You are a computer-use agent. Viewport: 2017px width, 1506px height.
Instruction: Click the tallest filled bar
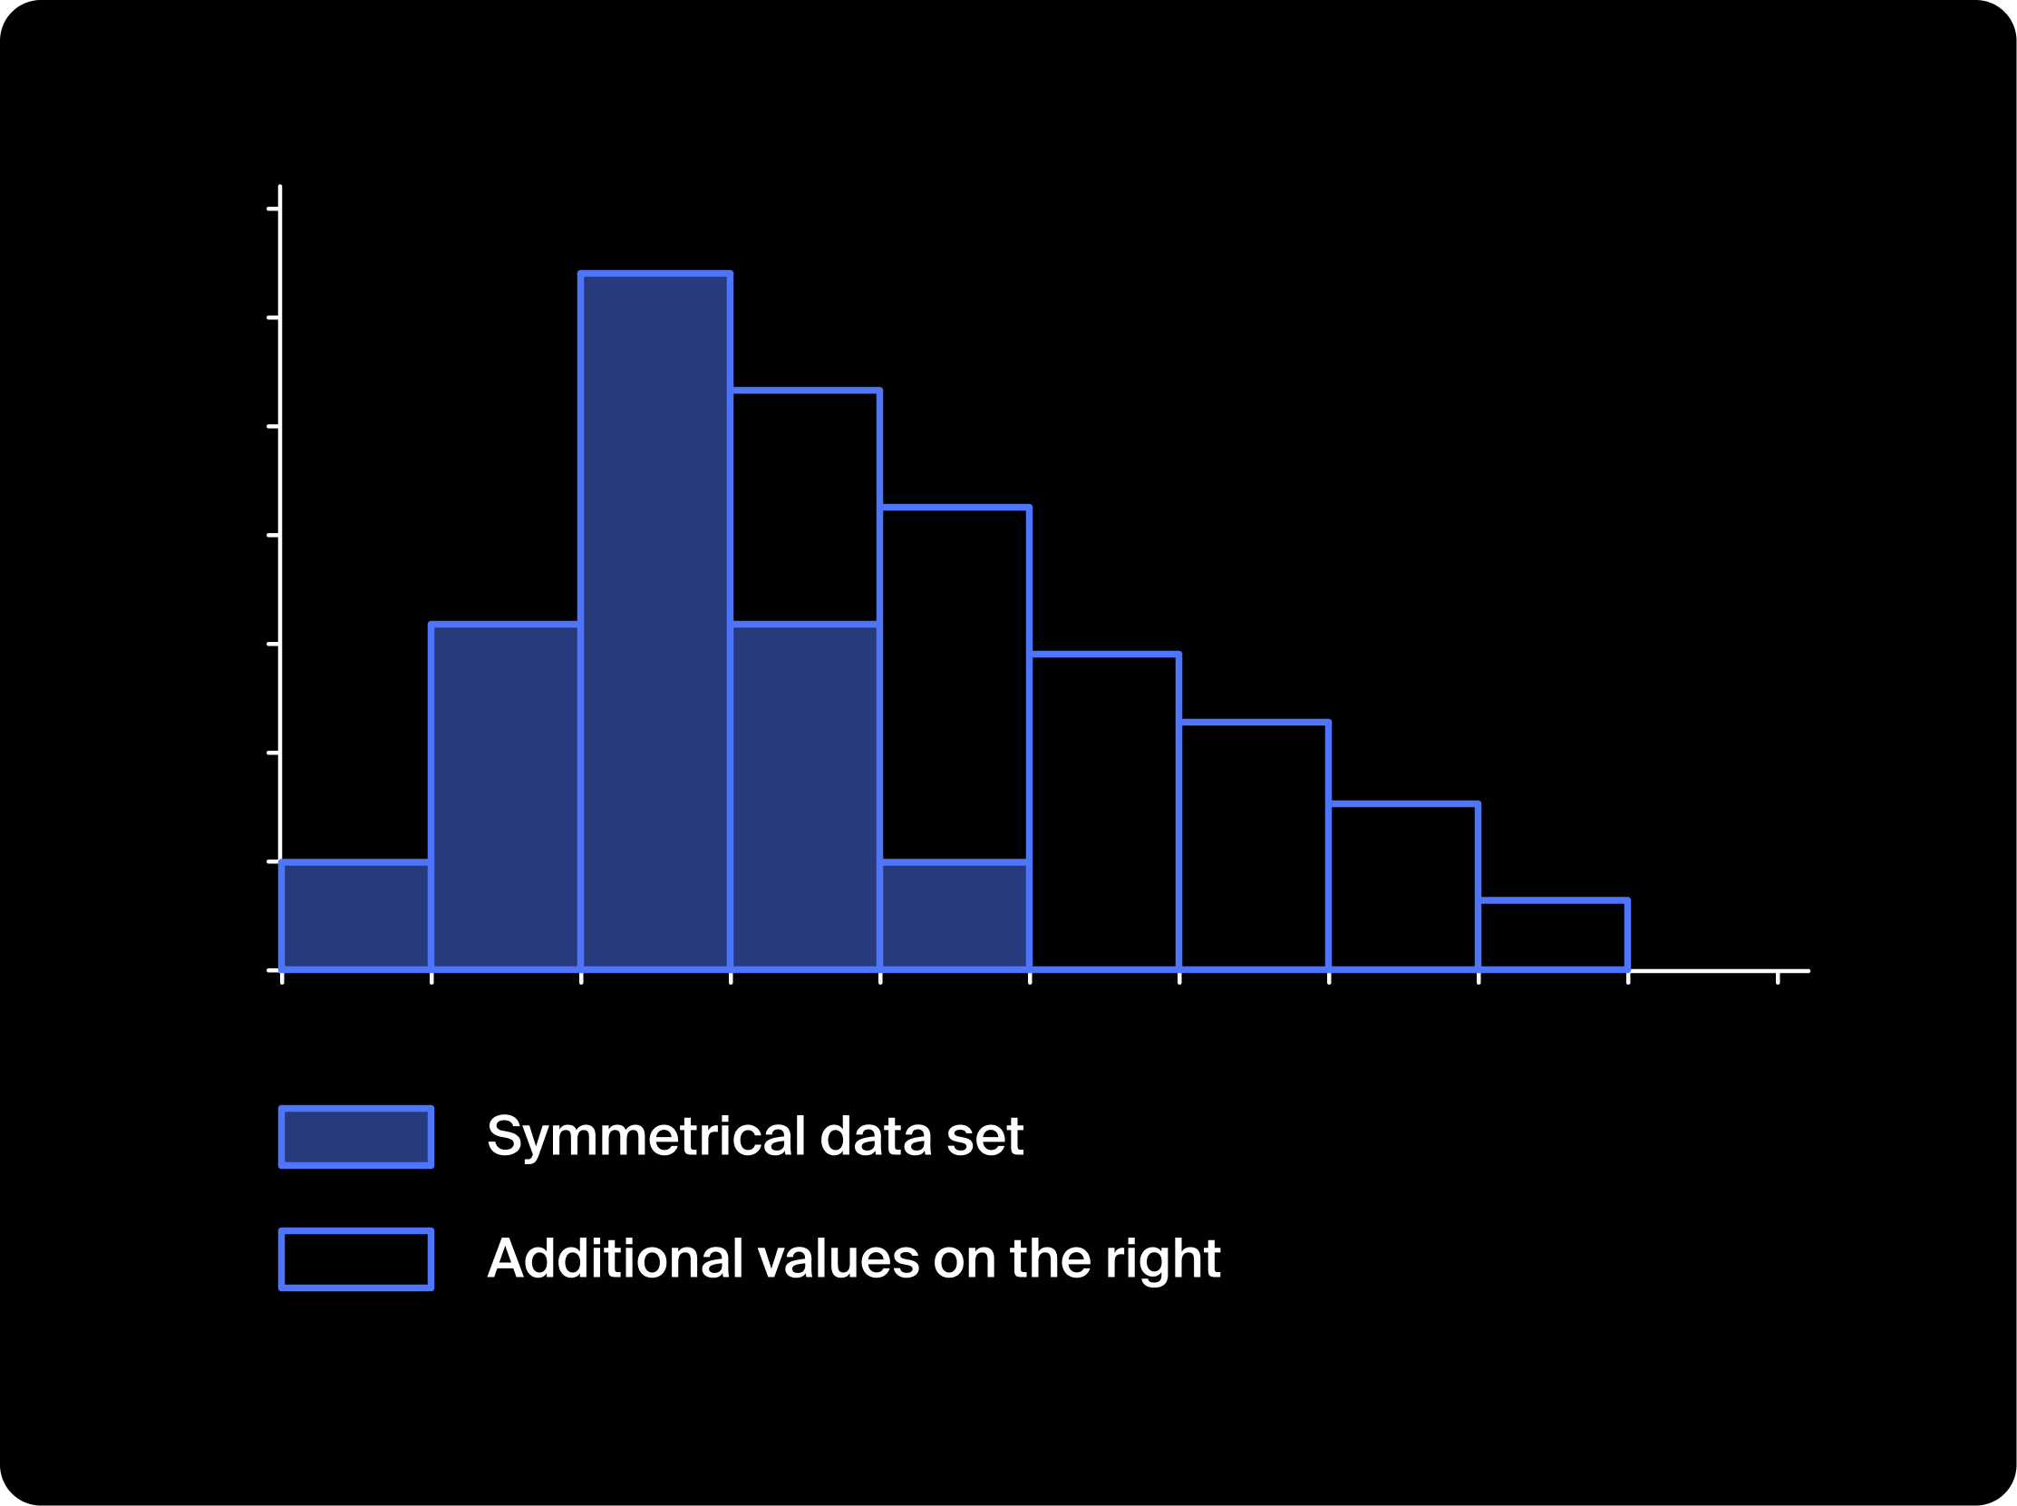coord(655,621)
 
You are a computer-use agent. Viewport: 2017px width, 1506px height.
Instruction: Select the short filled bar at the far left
coord(355,915)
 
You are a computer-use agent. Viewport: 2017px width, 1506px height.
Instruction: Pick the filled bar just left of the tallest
coord(505,797)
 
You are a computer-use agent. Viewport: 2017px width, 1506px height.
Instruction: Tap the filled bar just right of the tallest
coord(805,797)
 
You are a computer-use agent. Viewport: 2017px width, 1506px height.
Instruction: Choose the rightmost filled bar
coord(955,915)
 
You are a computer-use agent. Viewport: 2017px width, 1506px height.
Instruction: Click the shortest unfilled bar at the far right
coord(1553,936)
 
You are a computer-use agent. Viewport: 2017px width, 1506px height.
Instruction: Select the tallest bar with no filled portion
coord(1105,812)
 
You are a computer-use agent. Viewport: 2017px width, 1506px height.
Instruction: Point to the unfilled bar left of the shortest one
coord(1403,887)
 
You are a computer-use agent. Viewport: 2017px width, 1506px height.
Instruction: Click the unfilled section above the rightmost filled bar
coord(955,683)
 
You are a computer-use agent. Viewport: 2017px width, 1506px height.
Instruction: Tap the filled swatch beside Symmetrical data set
coord(356,1137)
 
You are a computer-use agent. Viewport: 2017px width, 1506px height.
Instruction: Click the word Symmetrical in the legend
coord(647,1137)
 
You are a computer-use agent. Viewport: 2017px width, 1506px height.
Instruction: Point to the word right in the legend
coord(1162,1261)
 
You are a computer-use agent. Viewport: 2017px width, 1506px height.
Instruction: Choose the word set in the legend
coord(985,1137)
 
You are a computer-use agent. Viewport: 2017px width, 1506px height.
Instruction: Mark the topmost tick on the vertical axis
coord(274,209)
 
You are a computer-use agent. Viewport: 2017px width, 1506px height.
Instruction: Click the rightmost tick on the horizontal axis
coord(1778,977)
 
